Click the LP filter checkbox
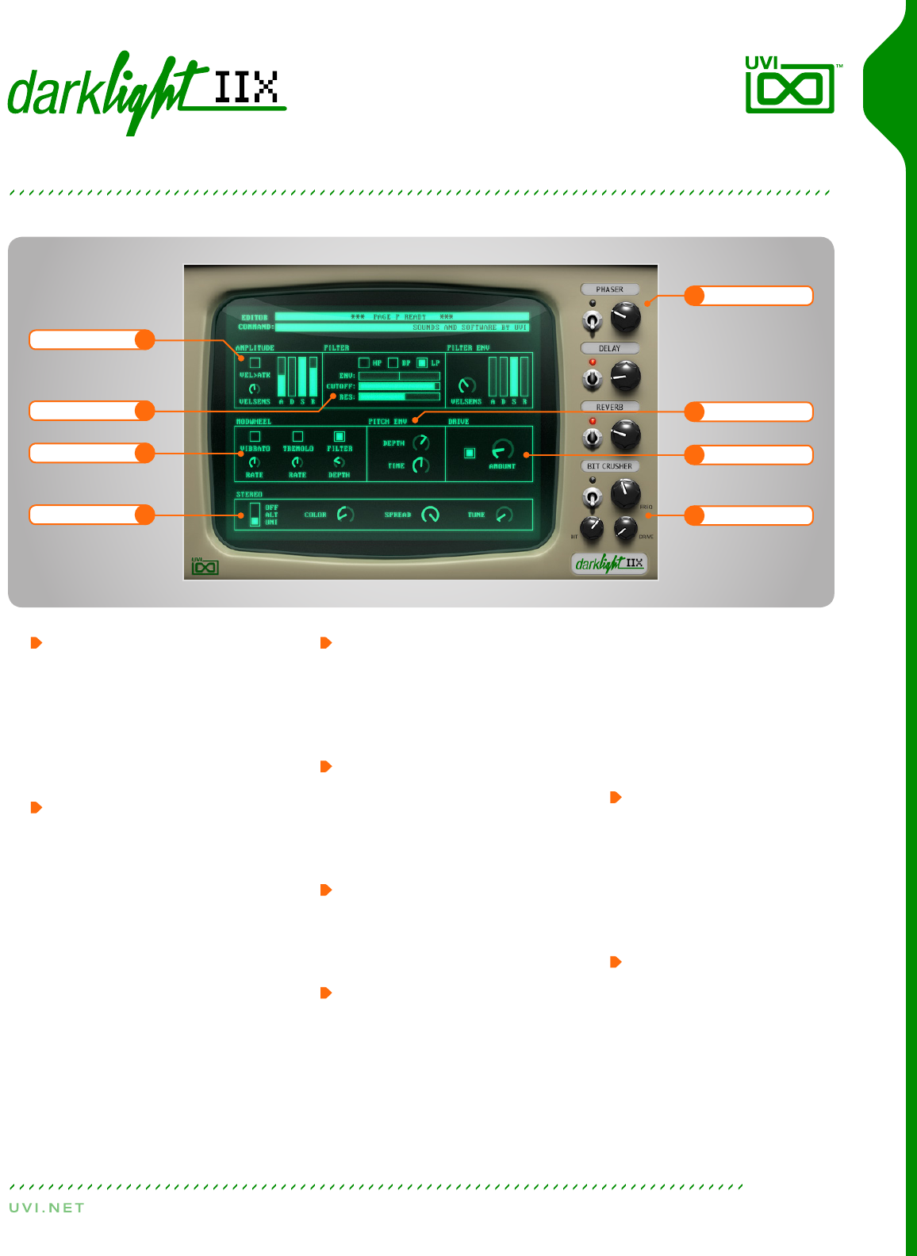422,362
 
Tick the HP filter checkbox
364,362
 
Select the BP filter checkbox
393,362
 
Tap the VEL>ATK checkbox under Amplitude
255,362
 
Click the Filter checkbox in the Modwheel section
340,436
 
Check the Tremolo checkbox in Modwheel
297,436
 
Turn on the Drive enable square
470,453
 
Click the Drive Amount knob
502,450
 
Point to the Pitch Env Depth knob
420,442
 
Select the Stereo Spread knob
430,515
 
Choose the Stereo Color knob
344,514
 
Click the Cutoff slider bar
399,386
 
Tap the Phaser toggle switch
592,321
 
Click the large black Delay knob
625,376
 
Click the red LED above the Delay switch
593,362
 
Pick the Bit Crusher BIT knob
592,527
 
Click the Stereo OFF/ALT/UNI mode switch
255,515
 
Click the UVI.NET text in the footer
47,1208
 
